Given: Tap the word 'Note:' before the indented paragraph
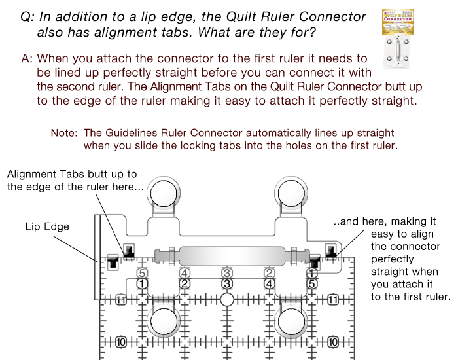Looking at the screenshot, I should tap(64, 133).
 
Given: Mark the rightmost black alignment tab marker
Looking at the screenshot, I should tap(330, 250).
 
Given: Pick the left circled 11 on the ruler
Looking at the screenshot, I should tap(120, 300).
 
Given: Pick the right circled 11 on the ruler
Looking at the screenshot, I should tap(333, 300).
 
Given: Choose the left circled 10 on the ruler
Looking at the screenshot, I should tap(120, 342).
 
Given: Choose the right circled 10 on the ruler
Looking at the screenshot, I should tap(333, 342).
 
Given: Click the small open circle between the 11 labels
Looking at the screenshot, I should tap(226, 300).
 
